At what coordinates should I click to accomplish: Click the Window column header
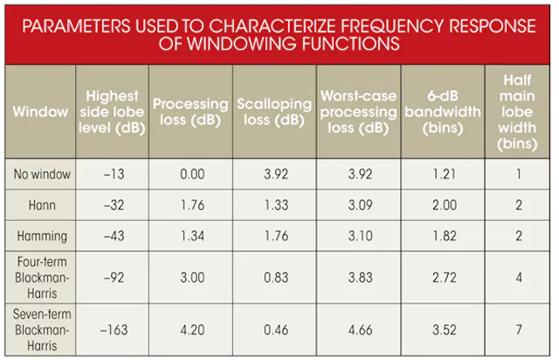[40, 112]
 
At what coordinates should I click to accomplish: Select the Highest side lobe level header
[112, 112]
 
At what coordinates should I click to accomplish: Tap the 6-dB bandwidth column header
[443, 112]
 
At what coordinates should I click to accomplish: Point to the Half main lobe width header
[517, 112]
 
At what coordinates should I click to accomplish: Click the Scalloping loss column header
[274, 112]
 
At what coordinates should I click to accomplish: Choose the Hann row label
[42, 205]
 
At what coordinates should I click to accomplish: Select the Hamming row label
[42, 236]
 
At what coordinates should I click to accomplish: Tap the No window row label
[42, 174]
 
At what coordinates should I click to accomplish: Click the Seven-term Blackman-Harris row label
[42, 330]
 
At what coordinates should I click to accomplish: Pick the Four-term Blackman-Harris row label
[42, 278]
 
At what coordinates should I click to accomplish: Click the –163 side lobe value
[114, 330]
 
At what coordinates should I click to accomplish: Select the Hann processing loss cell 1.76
[192, 205]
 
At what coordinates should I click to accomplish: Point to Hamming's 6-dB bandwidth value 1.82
[445, 236]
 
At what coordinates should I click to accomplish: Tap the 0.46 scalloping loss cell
[276, 330]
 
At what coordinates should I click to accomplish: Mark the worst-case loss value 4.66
[361, 330]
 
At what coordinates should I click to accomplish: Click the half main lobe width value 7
[519, 330]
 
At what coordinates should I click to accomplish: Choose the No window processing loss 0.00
[192, 174]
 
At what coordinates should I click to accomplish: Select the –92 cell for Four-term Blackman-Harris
[114, 278]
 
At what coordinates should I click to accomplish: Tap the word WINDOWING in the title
[242, 44]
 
